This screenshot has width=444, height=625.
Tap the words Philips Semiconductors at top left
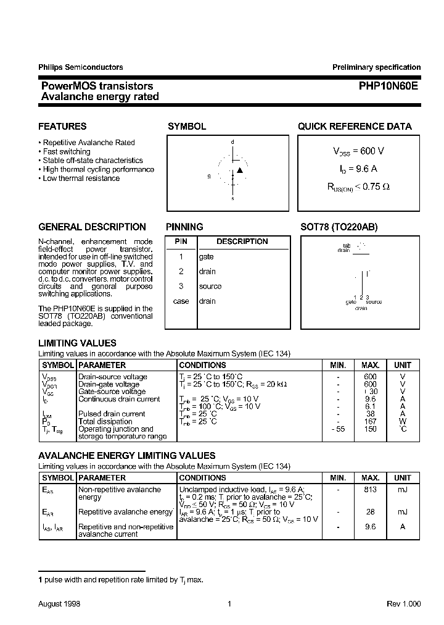[x=80, y=67]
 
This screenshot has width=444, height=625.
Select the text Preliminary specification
[x=376, y=67]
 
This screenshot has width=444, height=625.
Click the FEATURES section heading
[x=62, y=127]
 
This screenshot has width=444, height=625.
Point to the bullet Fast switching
[x=66, y=151]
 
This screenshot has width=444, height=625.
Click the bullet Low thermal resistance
[x=81, y=178]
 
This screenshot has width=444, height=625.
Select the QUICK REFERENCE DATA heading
[x=355, y=127]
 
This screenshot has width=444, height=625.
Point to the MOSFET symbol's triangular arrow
[x=240, y=170]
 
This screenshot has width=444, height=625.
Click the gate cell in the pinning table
[x=207, y=256]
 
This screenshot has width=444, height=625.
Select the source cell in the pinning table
[x=210, y=286]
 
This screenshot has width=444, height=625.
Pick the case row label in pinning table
[x=181, y=301]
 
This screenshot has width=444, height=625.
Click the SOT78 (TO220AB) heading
[x=339, y=227]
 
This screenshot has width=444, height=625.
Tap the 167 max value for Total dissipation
[x=370, y=421]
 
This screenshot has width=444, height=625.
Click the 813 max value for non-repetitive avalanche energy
[x=370, y=489]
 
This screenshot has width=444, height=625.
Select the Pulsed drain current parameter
[x=112, y=414]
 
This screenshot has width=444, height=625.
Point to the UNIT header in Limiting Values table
[x=403, y=365]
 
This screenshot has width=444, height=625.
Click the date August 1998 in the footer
[x=59, y=604]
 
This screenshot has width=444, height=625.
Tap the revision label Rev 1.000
[x=404, y=604]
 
